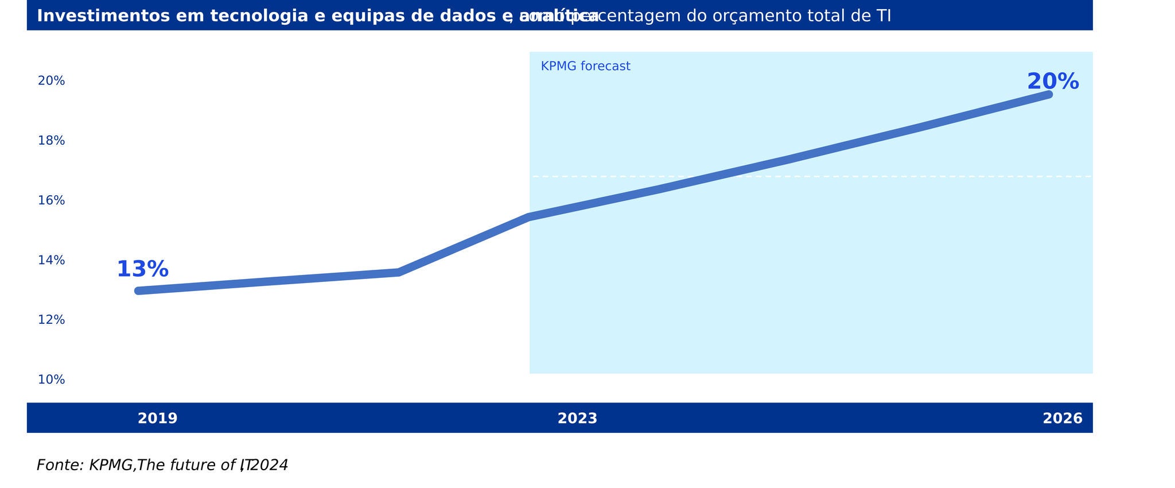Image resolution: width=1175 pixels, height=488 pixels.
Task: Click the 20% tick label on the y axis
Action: point(51,81)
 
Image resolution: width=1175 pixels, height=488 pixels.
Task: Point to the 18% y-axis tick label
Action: point(51,141)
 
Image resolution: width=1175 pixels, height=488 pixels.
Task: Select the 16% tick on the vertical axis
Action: point(51,200)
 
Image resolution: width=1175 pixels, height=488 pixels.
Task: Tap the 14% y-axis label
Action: point(51,260)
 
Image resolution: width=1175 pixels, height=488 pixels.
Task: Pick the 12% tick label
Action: point(51,320)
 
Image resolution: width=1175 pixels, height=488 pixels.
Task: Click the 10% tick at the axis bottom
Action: point(51,379)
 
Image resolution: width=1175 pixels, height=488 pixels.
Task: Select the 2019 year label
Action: point(157,419)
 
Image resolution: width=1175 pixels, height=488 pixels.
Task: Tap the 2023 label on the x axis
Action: point(577,419)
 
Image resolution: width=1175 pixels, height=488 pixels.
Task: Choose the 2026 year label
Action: point(1062,419)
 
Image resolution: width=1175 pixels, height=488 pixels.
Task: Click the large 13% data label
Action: point(142,269)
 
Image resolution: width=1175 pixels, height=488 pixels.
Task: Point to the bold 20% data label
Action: point(1052,82)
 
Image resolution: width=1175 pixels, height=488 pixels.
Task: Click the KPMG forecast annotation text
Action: point(585,67)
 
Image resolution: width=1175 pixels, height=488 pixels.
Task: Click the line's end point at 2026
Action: point(1049,94)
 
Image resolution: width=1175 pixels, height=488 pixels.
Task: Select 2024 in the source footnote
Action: point(269,465)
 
